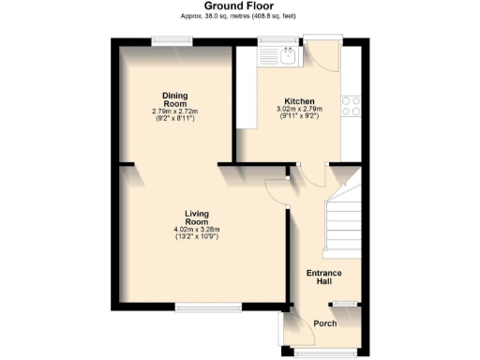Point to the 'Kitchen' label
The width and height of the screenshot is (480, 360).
coord(299,101)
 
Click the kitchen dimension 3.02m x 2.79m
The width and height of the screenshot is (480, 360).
coord(299,110)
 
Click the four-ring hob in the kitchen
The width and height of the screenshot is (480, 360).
coord(352,106)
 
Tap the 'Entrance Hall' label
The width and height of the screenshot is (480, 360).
coord(324,277)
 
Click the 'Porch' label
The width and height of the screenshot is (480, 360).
coord(324,324)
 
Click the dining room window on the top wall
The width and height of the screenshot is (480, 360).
coord(174,38)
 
